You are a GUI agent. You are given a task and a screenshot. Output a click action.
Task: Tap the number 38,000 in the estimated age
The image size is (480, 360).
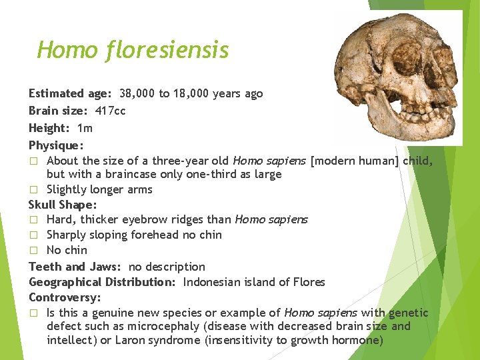pos(137,93)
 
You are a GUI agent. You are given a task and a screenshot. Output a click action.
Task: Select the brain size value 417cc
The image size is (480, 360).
pos(110,110)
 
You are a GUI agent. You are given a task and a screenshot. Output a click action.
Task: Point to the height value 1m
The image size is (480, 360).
pos(85,127)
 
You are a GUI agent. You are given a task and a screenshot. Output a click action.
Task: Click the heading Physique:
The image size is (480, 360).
pos(56,145)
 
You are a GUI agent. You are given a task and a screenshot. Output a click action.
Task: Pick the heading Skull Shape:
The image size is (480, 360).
pos(62,205)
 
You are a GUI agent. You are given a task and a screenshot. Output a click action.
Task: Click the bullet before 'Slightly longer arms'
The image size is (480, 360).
pos(34,190)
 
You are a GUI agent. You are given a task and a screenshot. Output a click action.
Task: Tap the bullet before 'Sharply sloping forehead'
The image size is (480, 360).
pos(34,235)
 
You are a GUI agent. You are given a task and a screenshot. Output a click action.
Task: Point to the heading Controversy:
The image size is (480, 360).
pos(64,297)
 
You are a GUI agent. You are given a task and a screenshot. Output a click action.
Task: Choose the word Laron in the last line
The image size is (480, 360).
pos(138,341)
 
